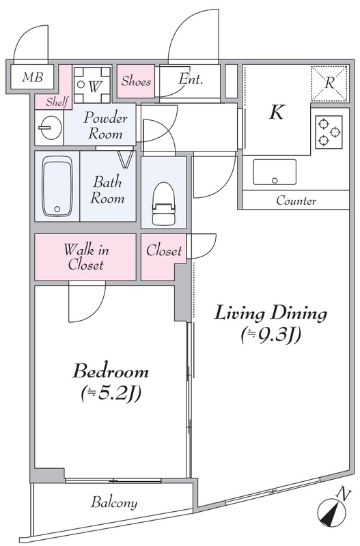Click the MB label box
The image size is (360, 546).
31,76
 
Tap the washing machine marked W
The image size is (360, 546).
92,85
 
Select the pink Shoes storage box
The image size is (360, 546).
136,81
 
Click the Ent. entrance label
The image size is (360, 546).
191,79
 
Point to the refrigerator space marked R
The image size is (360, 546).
330,83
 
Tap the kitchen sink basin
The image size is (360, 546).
275,172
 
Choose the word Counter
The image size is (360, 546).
296,201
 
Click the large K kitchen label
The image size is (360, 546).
277,112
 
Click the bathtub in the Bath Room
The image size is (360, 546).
57,186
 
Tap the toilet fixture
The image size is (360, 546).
163,204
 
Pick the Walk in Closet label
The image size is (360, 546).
86,257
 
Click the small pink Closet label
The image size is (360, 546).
164,250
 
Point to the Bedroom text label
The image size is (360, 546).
111,371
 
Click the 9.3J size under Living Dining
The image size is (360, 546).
271,336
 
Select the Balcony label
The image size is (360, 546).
114,503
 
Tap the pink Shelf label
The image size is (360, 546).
57,102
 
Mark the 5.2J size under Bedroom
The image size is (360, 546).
111,394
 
